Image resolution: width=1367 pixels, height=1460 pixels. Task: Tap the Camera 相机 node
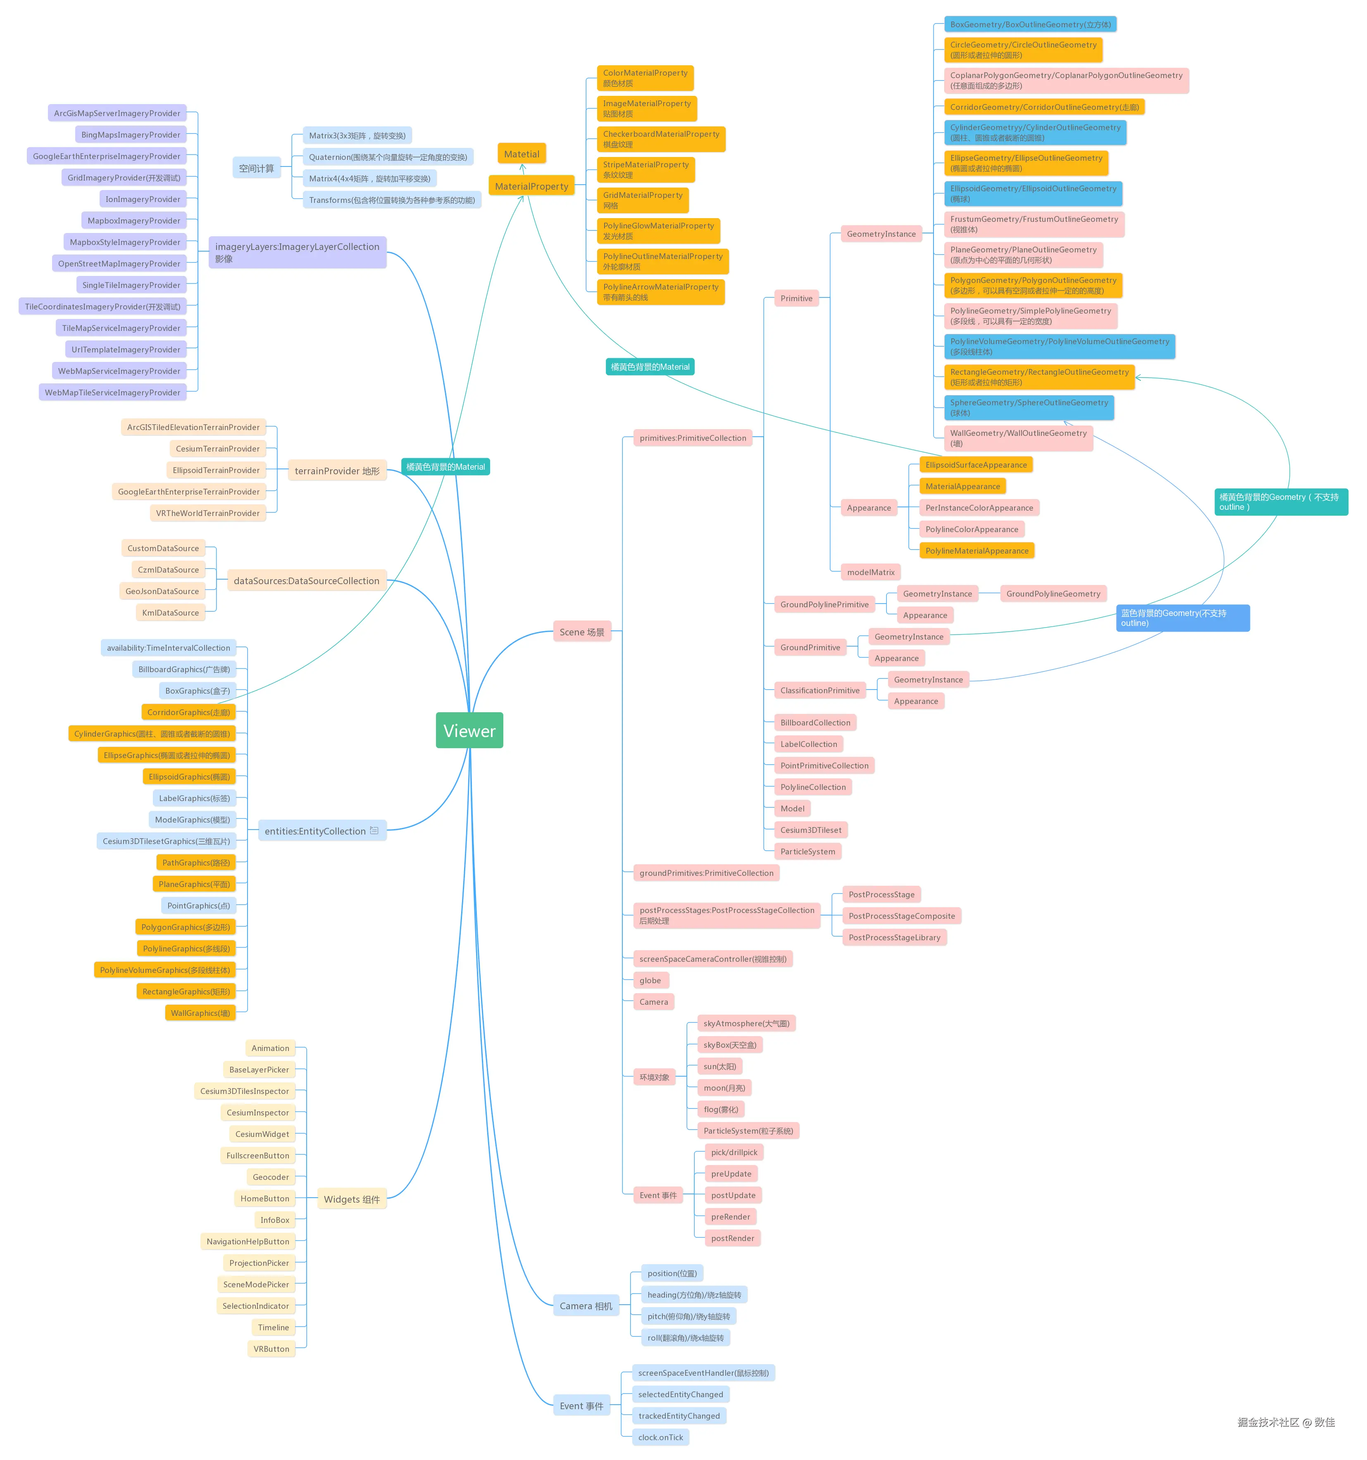click(x=586, y=1306)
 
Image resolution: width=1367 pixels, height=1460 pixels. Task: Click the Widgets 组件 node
click(x=351, y=1199)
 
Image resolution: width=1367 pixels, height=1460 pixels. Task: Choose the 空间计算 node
click(x=256, y=168)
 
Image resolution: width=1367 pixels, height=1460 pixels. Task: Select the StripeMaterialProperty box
click(x=645, y=170)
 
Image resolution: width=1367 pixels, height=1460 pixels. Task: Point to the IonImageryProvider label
click(x=143, y=199)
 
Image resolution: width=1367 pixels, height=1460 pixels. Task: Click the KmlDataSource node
click(x=170, y=613)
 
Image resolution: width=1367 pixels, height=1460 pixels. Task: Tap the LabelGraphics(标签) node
click(x=194, y=798)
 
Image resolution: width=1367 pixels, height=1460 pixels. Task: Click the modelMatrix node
click(x=870, y=572)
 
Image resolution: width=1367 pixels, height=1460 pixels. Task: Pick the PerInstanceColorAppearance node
click(x=979, y=507)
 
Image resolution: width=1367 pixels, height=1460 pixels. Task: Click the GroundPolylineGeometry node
click(x=1053, y=593)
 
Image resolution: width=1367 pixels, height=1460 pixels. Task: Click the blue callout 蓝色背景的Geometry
click(x=1182, y=618)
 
